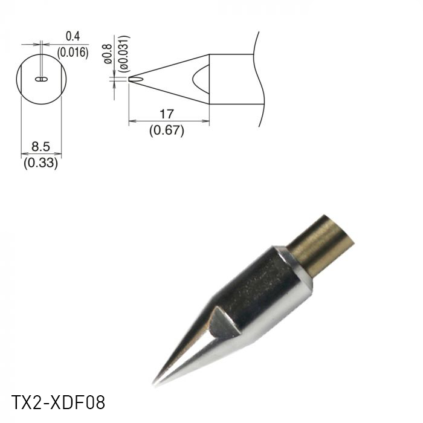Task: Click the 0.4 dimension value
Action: click(x=73, y=38)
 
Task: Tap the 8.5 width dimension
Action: click(x=40, y=146)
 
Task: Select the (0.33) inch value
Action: click(x=40, y=163)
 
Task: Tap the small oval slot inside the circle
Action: click(x=41, y=79)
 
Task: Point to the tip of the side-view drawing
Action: click(x=129, y=79)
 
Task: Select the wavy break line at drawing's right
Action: click(x=262, y=79)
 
